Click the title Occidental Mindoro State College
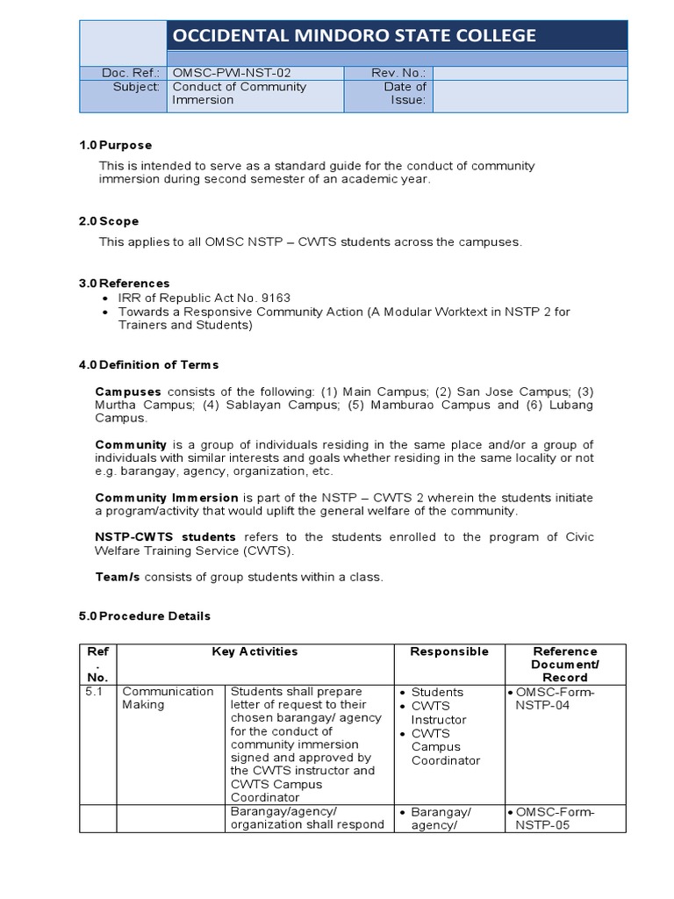(354, 36)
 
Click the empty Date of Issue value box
(530, 94)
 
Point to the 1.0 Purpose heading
(115, 145)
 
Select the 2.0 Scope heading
(109, 221)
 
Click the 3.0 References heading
(124, 284)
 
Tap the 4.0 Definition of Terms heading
(148, 364)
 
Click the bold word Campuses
(128, 391)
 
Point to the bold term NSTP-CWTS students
(165, 537)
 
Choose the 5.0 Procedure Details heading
(145, 616)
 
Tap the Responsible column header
(449, 651)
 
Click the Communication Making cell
(168, 698)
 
